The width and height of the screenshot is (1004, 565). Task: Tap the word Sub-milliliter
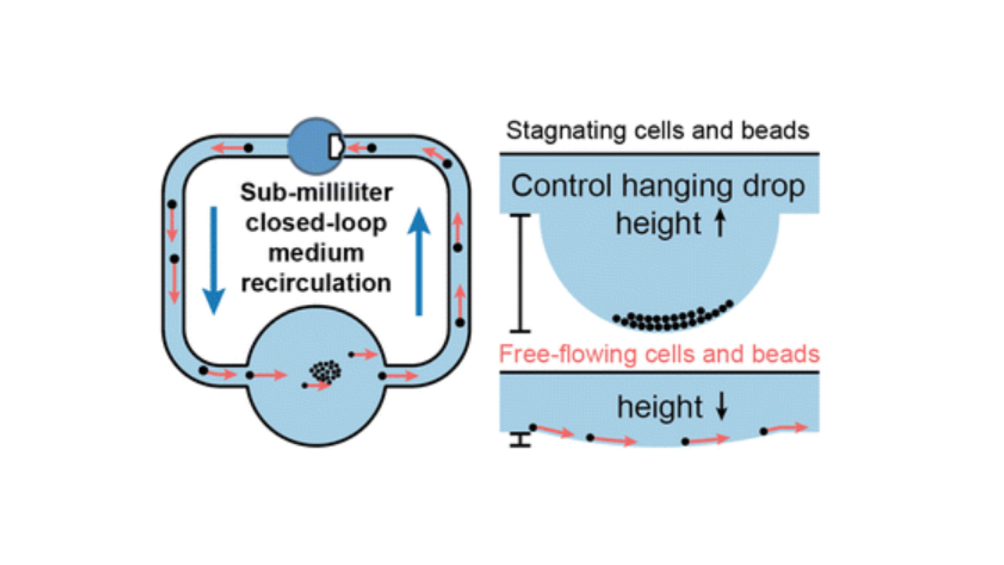point(316,193)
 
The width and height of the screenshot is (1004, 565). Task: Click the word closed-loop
point(316,224)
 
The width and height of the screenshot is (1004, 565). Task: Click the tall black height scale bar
point(520,273)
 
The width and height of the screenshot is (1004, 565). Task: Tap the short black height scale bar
point(520,440)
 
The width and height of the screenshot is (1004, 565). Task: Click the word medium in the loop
point(316,253)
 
